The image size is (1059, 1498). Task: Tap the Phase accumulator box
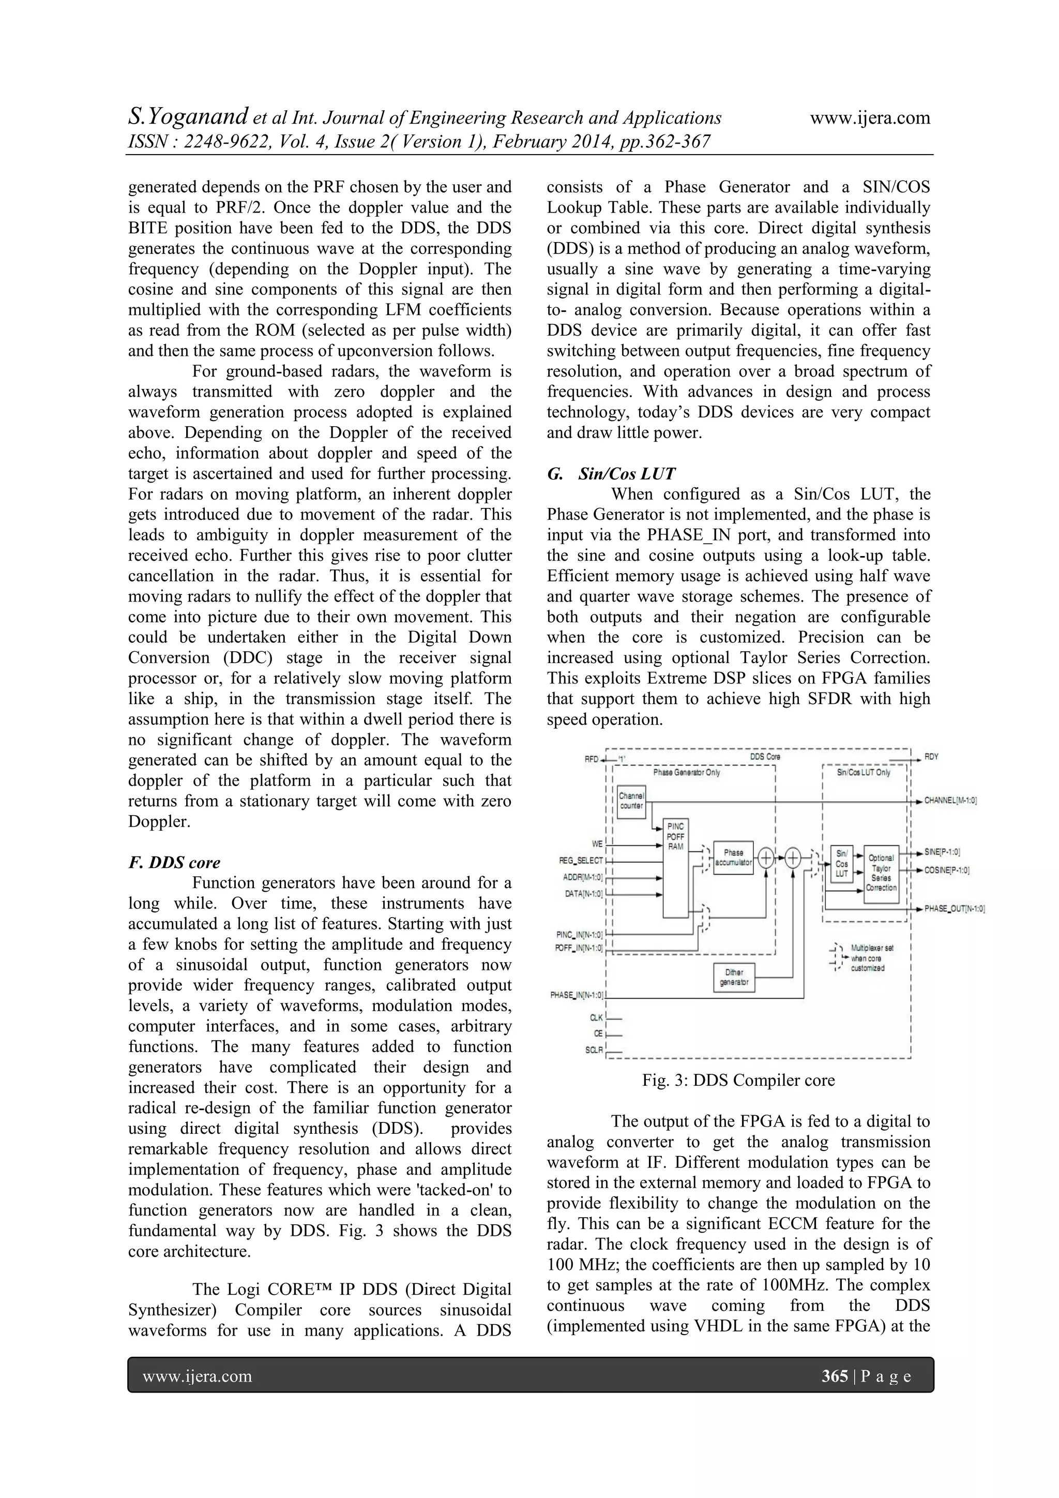point(734,857)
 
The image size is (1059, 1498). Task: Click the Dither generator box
point(734,977)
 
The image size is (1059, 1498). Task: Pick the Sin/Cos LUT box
point(842,864)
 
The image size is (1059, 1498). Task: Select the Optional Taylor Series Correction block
point(881,873)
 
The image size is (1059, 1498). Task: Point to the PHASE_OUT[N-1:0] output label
point(954,909)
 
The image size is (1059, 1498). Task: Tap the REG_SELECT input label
point(581,861)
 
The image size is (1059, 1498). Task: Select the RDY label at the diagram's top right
point(931,757)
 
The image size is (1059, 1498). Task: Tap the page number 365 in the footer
point(835,1376)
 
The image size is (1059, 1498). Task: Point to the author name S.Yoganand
point(188,117)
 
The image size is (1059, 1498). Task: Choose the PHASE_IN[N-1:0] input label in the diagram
point(577,996)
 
